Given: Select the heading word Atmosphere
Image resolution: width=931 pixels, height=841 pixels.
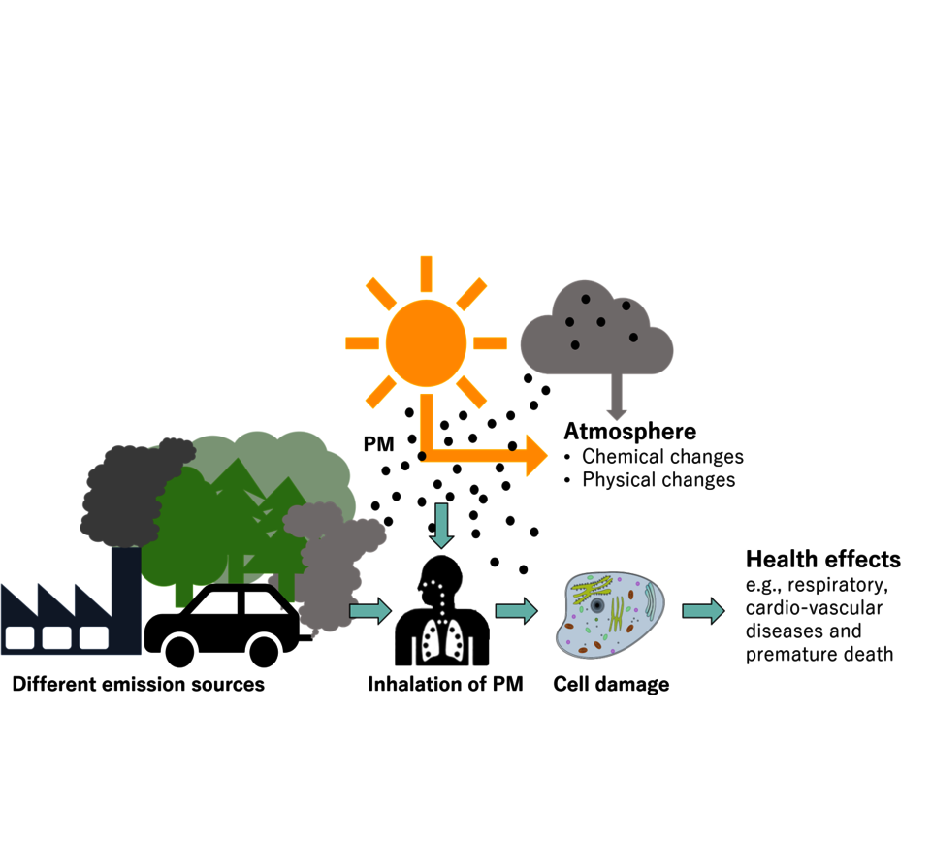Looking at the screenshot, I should tap(630, 431).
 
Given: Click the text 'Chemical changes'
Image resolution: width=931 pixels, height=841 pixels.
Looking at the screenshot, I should tap(662, 456).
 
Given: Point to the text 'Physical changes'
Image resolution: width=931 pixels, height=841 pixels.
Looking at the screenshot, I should tap(658, 479).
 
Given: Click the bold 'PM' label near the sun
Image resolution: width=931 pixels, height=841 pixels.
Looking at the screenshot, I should tap(377, 445).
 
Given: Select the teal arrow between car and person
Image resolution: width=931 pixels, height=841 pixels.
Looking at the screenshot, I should tap(369, 610).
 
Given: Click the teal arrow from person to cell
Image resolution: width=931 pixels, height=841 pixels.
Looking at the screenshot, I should tap(515, 610).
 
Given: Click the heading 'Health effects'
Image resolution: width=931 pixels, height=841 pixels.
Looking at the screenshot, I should tap(822, 560).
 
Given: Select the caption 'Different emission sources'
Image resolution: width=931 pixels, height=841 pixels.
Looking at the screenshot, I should tap(138, 685).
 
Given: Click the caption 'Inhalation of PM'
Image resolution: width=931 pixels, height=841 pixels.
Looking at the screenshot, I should tap(445, 685).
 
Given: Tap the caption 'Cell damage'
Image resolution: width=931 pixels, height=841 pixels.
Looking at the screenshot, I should tap(611, 685).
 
